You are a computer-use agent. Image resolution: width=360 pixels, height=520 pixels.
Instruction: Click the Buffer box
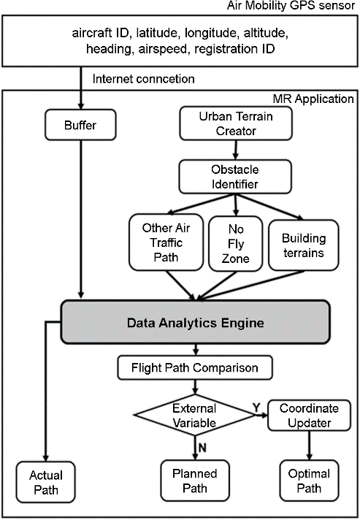pyautogui.click(x=80, y=125)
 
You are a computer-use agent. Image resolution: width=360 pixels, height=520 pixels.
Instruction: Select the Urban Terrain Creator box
pyautogui.click(x=236, y=123)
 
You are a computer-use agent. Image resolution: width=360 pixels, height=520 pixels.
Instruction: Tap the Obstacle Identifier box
pyautogui.click(x=235, y=177)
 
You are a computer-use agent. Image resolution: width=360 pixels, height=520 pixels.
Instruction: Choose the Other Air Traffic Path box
pyautogui.click(x=166, y=242)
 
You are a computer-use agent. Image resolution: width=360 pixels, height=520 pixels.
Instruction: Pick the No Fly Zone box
pyautogui.click(x=236, y=244)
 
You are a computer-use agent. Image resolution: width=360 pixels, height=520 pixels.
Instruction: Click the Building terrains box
pyautogui.click(x=304, y=245)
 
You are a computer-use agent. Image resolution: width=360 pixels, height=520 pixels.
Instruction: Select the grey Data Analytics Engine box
pyautogui.click(x=195, y=322)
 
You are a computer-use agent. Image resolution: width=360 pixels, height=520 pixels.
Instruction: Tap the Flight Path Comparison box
pyautogui.click(x=195, y=368)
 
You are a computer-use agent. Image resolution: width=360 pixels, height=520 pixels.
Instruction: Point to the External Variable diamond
pyautogui.click(x=194, y=416)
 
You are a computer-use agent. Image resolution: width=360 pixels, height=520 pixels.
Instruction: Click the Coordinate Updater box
pyautogui.click(x=309, y=416)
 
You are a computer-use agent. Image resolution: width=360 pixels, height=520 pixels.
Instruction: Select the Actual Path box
pyautogui.click(x=46, y=482)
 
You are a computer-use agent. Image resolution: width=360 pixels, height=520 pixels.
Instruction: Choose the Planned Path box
pyautogui.click(x=195, y=481)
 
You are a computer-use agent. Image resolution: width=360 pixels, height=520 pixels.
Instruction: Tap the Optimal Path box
pyautogui.click(x=309, y=481)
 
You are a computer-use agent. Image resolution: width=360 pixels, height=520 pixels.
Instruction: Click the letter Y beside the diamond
pyautogui.click(x=256, y=408)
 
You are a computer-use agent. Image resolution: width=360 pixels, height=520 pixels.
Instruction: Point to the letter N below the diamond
pyautogui.click(x=202, y=448)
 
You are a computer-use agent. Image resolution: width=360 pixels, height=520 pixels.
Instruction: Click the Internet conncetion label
pyautogui.click(x=143, y=79)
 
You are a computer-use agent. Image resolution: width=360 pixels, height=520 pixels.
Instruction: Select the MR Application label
pyautogui.click(x=313, y=99)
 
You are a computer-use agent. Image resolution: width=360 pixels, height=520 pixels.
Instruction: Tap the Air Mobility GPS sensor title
pyautogui.click(x=291, y=6)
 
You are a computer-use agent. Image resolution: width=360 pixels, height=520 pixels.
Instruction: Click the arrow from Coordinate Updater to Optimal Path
pyautogui.click(x=310, y=446)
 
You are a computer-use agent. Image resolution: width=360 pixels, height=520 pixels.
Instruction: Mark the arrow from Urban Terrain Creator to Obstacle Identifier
pyautogui.click(x=235, y=150)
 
